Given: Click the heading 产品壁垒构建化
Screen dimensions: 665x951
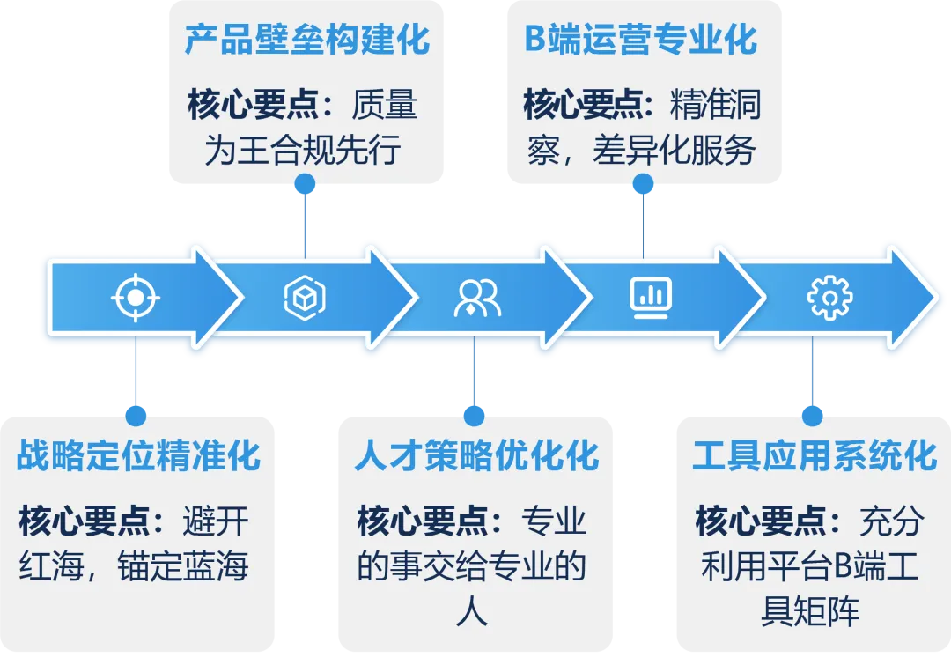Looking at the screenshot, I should tap(306, 41).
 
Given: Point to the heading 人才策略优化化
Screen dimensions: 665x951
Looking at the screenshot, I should tap(476, 456).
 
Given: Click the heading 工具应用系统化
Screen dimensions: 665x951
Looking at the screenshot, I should tap(815, 456).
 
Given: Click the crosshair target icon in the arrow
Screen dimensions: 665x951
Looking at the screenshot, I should tap(135, 297).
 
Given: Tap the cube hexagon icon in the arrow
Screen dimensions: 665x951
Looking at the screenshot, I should tap(305, 298).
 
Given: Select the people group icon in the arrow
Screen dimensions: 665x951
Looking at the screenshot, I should tap(476, 298).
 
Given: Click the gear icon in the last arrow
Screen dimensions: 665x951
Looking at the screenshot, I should tap(829, 297).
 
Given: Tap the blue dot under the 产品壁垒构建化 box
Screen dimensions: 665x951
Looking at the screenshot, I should tap(305, 184).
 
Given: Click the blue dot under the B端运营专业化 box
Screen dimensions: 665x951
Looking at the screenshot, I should tap(644, 184).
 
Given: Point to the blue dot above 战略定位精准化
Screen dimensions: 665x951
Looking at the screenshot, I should tap(136, 414).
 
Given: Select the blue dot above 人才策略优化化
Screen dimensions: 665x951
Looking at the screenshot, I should tap(474, 414).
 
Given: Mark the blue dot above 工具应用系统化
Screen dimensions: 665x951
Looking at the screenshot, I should tap(812, 414).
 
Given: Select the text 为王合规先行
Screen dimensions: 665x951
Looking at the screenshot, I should tap(303, 151).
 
